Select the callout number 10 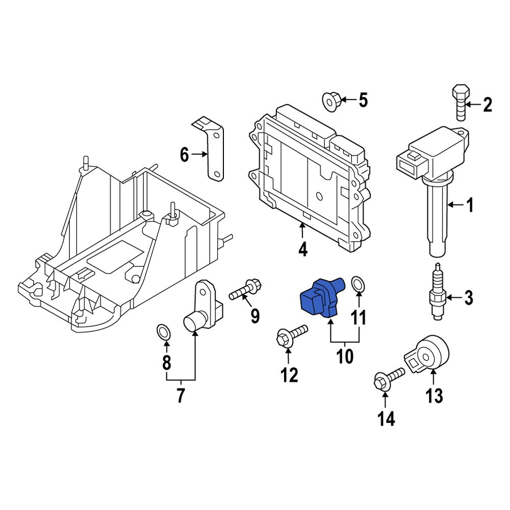click(x=344, y=355)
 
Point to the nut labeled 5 click(x=331, y=100)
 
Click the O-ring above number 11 click(x=359, y=284)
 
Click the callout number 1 click(x=470, y=206)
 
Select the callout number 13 click(x=434, y=395)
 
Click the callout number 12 click(x=289, y=375)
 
